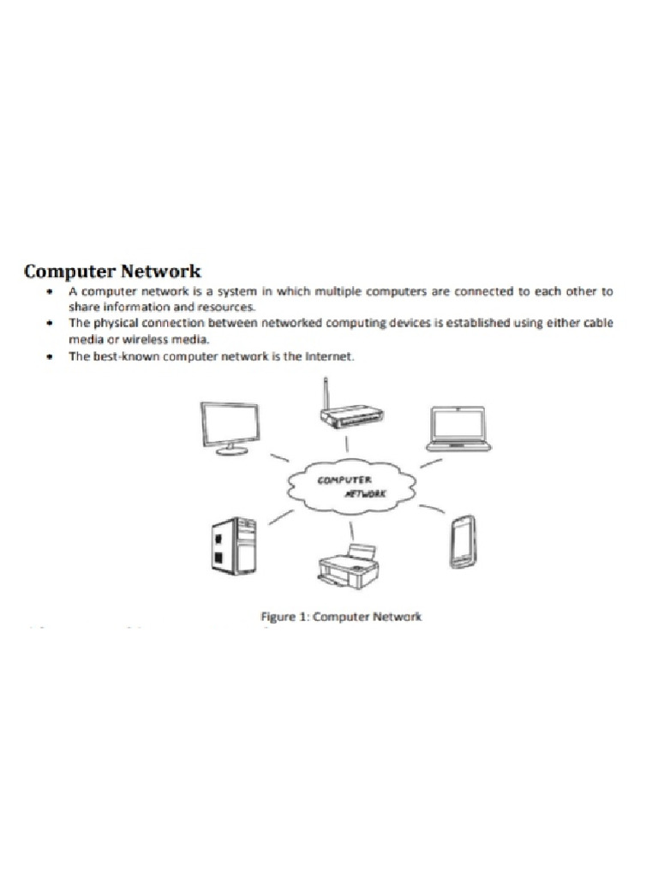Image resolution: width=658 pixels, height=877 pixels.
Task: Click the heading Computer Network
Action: tap(112, 271)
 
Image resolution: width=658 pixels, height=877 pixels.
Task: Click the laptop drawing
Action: tap(458, 428)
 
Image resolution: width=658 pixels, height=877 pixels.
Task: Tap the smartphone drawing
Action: tap(463, 542)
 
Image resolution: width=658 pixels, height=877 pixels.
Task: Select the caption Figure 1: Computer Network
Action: tap(341, 617)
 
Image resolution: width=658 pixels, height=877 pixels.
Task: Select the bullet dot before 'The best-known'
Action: tap(51, 356)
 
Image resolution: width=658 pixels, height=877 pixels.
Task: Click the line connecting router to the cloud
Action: tap(347, 444)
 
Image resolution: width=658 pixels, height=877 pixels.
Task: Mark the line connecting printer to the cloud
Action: tap(351, 530)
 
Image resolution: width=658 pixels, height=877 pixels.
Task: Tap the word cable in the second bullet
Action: tap(598, 323)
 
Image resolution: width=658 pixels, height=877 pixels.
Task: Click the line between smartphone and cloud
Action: tap(432, 511)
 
